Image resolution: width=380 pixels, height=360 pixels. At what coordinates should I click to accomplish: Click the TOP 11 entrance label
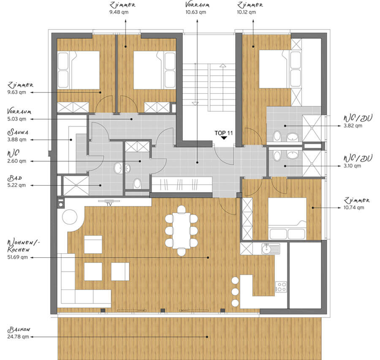coord(223,133)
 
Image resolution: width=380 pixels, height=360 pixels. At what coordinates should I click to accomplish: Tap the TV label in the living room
coord(109,204)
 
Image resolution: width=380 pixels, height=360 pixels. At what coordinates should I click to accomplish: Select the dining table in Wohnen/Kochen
coord(181,230)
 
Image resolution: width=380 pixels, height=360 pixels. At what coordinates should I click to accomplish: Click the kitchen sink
coord(271,249)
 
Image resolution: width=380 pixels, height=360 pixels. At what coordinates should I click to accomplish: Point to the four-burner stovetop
coord(281,287)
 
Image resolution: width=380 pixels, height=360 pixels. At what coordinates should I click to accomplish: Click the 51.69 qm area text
coord(17,257)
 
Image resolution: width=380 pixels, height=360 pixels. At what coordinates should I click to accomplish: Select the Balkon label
coord(19,330)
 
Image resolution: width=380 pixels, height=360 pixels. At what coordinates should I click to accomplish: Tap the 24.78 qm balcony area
coord(18,337)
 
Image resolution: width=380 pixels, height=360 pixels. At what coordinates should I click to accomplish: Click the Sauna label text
coord(18,132)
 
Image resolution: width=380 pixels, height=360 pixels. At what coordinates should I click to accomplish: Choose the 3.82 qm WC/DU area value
coord(353,126)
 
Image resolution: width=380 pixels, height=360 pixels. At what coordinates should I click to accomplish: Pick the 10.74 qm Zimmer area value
coord(353,207)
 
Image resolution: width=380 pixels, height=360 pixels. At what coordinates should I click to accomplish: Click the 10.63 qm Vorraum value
coord(196,12)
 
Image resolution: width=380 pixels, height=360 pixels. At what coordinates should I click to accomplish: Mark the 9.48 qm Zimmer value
coord(119,12)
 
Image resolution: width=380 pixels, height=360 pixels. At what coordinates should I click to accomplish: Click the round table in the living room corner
coord(70,217)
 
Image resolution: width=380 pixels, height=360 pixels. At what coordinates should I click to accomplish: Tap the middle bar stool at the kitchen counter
coord(235,292)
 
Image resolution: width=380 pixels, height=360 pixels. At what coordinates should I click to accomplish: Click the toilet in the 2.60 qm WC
coord(137,184)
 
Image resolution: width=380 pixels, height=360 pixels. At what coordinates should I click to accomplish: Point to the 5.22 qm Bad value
coord(16,185)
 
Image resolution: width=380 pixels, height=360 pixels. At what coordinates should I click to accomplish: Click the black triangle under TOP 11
coord(224,138)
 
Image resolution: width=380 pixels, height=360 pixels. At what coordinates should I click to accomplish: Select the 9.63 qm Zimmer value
coord(16,92)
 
